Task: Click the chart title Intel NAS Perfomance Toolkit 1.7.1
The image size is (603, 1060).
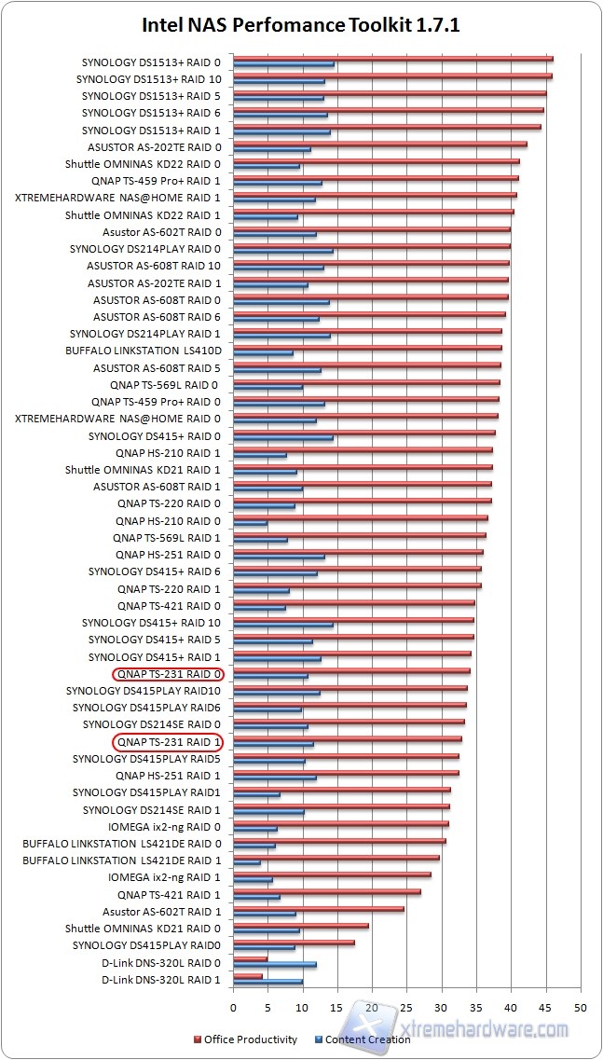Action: tap(301, 25)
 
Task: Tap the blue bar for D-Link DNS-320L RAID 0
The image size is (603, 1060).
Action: tap(275, 964)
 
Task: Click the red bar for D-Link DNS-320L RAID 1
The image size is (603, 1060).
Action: tap(248, 976)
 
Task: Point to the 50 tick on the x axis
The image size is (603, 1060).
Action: tap(580, 1009)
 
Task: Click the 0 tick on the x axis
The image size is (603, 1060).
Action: tap(233, 1009)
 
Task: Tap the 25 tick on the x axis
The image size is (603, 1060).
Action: tap(406, 1009)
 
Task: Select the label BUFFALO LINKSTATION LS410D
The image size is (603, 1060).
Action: tap(144, 351)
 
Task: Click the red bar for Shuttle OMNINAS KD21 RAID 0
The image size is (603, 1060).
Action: tap(301, 926)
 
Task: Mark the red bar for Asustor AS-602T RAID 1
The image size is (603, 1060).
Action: tap(319, 908)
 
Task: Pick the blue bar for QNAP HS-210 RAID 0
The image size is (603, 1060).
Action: tap(250, 524)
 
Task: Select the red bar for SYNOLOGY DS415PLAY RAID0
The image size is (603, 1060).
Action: tap(294, 943)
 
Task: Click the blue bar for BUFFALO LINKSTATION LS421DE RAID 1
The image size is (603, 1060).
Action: tap(247, 862)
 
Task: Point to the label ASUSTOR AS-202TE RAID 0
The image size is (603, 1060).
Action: tap(155, 147)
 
